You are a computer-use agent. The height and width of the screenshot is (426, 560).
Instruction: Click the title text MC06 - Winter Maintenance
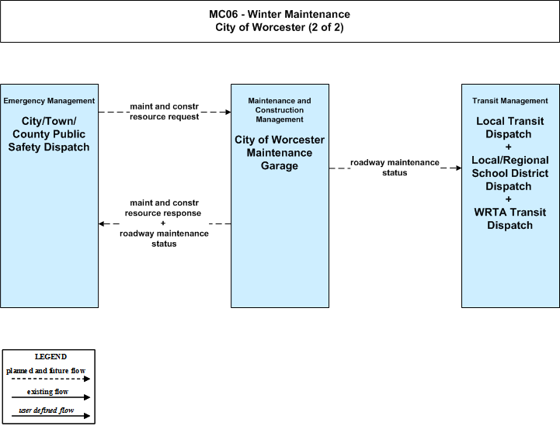click(280, 14)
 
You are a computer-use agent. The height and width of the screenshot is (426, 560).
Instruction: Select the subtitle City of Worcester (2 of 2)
click(280, 27)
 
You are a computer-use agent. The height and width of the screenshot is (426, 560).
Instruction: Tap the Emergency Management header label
click(49, 101)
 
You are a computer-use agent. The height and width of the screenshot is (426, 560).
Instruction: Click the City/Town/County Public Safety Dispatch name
click(49, 134)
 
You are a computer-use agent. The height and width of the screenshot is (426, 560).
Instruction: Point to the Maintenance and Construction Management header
click(280, 110)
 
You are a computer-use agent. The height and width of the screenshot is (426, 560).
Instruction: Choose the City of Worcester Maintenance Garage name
click(280, 153)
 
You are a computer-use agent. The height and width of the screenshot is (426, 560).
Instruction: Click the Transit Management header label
click(510, 101)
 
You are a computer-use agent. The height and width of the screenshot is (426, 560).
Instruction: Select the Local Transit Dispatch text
click(510, 127)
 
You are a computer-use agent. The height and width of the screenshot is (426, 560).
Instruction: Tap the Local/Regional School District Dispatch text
click(510, 173)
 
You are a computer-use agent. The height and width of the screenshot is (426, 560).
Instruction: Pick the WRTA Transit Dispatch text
click(510, 219)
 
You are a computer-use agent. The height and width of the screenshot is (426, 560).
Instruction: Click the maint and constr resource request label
click(165, 112)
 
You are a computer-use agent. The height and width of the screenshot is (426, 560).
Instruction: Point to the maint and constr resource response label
click(163, 208)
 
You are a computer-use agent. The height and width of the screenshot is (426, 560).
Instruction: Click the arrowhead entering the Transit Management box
click(458, 168)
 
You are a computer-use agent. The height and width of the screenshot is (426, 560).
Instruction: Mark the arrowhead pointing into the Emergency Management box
click(102, 223)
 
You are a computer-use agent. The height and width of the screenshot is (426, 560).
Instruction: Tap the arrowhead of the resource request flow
click(228, 112)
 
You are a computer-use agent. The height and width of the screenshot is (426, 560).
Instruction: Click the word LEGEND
click(50, 357)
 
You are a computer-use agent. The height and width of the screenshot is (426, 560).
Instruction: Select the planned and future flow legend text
click(46, 371)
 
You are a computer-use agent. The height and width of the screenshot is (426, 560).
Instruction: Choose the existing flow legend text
click(47, 392)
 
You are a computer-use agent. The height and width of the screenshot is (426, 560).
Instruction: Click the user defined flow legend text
click(46, 410)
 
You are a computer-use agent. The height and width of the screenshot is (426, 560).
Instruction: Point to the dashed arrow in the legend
click(50, 379)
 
